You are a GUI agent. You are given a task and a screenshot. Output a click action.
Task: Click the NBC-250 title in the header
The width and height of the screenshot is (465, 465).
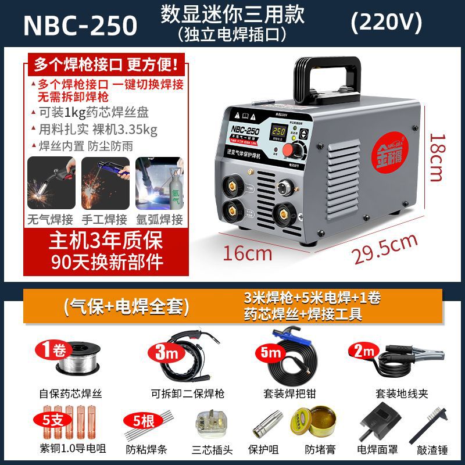click(80, 25)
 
